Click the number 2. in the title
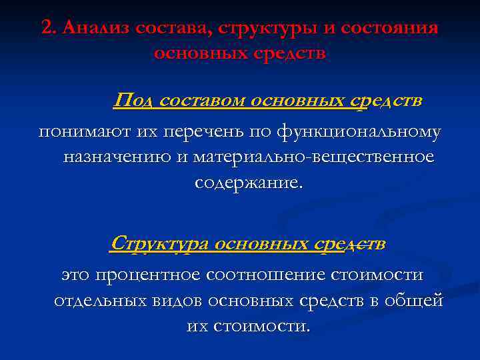49,29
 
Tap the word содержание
248,182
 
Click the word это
76,275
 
